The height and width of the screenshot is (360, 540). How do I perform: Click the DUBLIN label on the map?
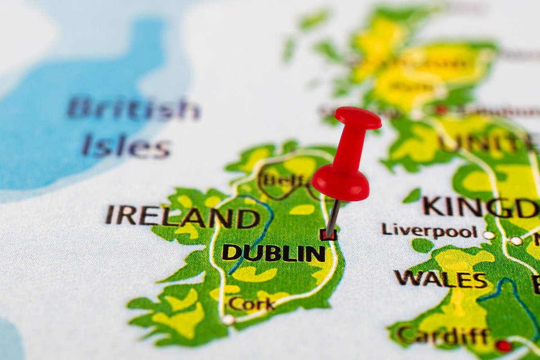coord(274,253)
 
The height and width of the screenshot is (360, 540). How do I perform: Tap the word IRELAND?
coord(182,216)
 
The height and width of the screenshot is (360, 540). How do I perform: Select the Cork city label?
coord(251,304)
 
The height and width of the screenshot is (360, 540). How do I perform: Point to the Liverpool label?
coord(428,230)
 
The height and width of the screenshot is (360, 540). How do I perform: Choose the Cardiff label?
coord(443,336)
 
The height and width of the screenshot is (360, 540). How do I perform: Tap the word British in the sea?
coord(134,109)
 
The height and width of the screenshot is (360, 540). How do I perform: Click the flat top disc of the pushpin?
coord(358,117)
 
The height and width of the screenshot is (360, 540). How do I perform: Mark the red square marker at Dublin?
coord(328,235)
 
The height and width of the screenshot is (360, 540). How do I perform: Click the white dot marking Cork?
coord(228,319)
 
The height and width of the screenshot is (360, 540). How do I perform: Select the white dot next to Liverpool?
coord(489,234)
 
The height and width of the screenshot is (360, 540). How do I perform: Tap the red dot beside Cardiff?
coord(503,346)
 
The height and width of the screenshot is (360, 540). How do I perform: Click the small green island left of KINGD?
coord(411,196)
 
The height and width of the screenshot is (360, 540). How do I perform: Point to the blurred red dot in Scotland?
coord(441,110)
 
